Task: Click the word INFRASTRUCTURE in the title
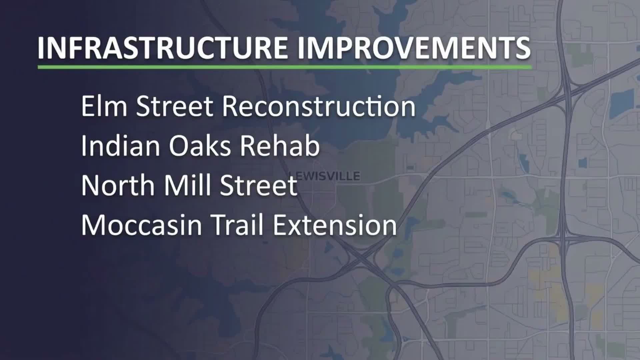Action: [162, 48]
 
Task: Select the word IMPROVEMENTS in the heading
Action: [414, 48]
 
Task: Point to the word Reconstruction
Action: [319, 106]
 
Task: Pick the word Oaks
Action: [200, 146]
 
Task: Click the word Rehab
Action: [280, 146]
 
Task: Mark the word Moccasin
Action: [141, 225]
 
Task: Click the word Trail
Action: [237, 225]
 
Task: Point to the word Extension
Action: [335, 225]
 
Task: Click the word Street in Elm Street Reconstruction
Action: [174, 106]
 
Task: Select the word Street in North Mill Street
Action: [259, 185]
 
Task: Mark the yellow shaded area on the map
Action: [547, 283]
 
